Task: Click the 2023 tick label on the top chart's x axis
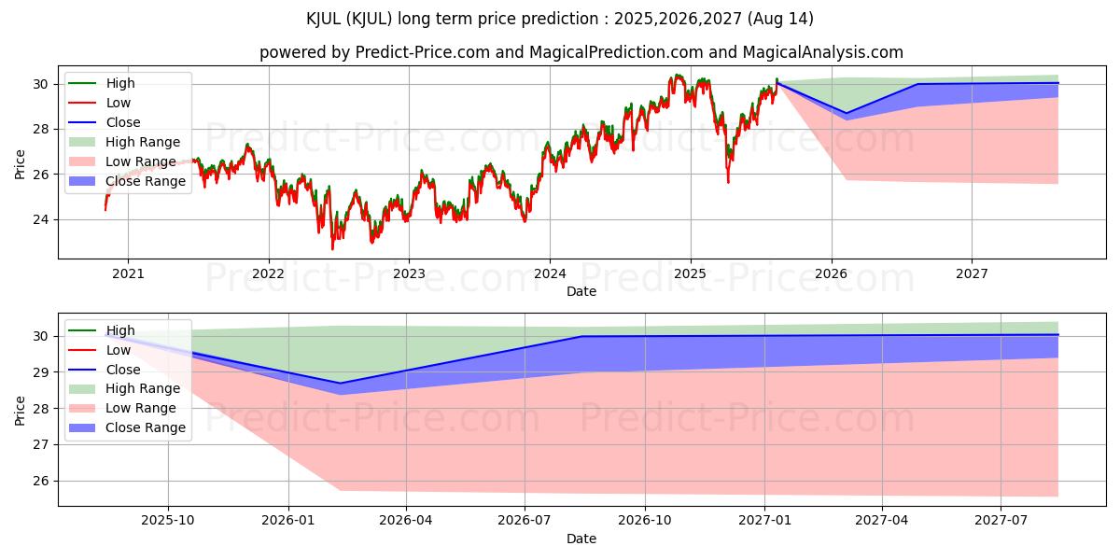click(409, 273)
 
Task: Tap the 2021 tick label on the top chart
click(128, 273)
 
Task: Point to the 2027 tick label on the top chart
click(972, 273)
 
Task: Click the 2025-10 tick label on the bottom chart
click(168, 521)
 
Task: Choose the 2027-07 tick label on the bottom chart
click(1001, 521)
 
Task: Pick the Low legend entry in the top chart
click(119, 103)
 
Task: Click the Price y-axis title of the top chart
click(21, 162)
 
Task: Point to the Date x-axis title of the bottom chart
click(581, 539)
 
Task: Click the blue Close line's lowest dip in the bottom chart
click(340, 383)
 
